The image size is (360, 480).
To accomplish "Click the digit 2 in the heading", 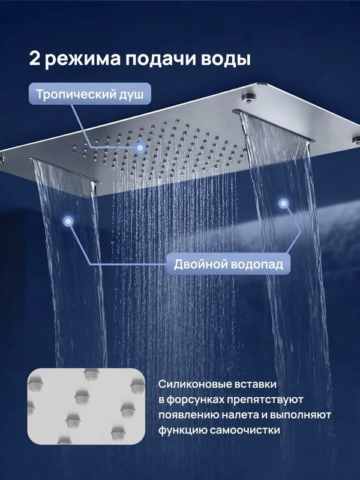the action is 35,58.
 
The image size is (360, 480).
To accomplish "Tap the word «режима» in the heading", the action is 83,59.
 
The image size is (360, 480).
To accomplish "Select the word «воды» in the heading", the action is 226,59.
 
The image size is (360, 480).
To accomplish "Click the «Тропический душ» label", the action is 90,94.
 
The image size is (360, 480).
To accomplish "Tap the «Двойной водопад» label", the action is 229,264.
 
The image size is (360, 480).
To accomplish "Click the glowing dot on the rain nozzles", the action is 140,148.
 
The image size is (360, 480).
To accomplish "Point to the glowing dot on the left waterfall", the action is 68,221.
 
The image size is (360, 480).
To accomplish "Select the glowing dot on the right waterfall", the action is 283,203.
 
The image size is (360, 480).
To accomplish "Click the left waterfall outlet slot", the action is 65,170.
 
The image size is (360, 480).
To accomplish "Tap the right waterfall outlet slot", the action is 274,125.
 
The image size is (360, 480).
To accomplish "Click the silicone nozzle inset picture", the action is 86,406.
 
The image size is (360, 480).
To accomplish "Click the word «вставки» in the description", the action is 256,384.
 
